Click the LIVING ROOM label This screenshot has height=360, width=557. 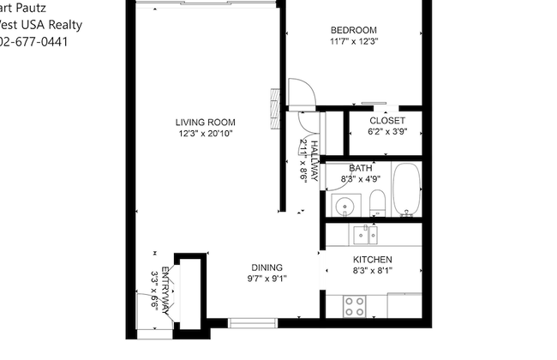click(x=205, y=122)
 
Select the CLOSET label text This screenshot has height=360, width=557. click(x=386, y=121)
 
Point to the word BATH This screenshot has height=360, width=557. click(x=360, y=168)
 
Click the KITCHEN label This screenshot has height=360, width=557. click(x=373, y=260)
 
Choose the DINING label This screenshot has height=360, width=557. click(x=267, y=267)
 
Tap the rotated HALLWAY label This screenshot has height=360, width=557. click(x=314, y=160)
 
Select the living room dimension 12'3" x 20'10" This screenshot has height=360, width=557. click(x=205, y=134)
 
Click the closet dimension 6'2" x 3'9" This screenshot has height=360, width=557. click(x=386, y=132)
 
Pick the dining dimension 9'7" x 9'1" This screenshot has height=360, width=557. click(x=267, y=279)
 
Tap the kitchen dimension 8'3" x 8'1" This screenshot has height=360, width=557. click(x=373, y=271)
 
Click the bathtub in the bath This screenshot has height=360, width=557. click(x=406, y=190)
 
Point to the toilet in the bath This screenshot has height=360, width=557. click(x=376, y=204)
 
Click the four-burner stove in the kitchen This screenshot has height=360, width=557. click(x=355, y=305)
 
